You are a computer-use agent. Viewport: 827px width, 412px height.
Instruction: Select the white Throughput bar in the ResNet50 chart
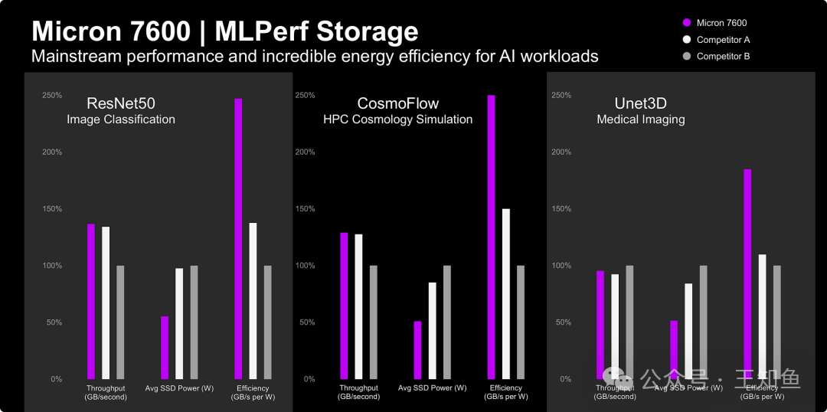[x=106, y=302]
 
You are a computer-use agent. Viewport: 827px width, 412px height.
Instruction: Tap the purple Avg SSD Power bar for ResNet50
[x=165, y=348]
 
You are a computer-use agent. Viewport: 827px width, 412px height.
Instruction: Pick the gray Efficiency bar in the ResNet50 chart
[x=268, y=322]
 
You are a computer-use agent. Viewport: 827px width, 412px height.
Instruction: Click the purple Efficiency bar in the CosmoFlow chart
[x=491, y=237]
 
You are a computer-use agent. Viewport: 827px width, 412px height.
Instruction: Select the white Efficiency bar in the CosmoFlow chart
[x=505, y=294]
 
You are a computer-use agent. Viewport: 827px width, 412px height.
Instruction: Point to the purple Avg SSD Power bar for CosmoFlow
[x=417, y=350]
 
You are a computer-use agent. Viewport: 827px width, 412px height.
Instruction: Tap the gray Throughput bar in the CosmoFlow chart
[x=374, y=322]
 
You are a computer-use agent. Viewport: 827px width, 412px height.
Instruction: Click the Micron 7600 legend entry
[x=721, y=23]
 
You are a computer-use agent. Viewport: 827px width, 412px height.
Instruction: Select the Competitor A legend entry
[x=722, y=40]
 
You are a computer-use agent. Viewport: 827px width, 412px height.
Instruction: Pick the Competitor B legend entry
[x=722, y=57]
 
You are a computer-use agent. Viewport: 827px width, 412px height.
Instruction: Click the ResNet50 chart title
[x=121, y=103]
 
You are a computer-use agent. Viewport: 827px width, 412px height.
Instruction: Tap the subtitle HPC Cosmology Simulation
[x=397, y=119]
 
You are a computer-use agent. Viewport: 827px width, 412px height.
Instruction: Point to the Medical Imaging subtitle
[x=640, y=119]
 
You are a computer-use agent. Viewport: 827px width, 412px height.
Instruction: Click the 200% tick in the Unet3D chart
[x=561, y=152]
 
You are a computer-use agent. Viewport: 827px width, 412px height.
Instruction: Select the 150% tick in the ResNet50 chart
[x=52, y=209]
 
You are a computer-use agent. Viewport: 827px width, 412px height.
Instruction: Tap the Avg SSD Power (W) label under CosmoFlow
[x=432, y=388]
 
